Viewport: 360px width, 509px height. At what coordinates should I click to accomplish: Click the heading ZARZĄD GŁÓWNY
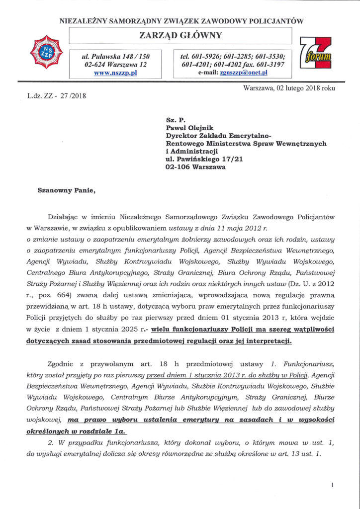point(180,35)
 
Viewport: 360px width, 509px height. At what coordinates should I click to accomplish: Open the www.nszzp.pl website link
point(115,73)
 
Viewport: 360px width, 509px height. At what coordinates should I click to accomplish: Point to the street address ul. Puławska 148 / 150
point(115,57)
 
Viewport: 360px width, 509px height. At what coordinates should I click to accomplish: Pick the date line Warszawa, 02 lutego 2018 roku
point(289,88)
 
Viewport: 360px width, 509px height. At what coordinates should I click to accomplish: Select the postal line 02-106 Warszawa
point(195,168)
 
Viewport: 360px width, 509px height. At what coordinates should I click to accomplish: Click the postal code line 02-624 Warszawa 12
point(115,65)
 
